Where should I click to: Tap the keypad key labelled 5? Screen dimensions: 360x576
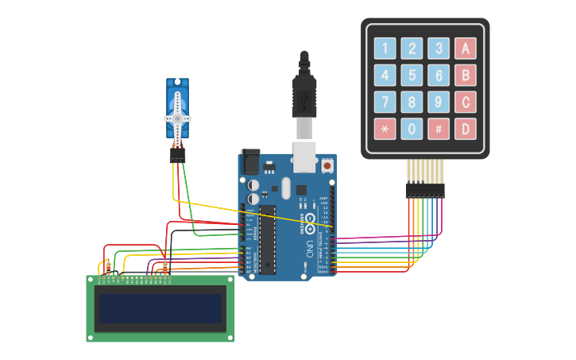412,75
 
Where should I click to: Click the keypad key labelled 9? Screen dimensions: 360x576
439,102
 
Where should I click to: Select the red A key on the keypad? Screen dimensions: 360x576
466,49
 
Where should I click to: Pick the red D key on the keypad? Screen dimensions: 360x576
466,128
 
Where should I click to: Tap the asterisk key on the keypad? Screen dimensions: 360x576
385,128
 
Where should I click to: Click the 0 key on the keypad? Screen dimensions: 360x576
412,128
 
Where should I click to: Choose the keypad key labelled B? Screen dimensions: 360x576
466,75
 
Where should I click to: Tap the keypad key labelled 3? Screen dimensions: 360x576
439,49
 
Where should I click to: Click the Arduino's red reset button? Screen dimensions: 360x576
327,165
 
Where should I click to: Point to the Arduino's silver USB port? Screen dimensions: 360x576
305,156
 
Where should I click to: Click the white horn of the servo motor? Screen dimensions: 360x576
177,118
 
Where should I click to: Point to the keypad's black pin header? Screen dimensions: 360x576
425,190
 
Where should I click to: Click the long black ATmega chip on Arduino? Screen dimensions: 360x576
268,238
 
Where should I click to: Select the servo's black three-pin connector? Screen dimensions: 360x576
176,155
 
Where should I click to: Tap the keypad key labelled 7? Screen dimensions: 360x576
385,102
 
